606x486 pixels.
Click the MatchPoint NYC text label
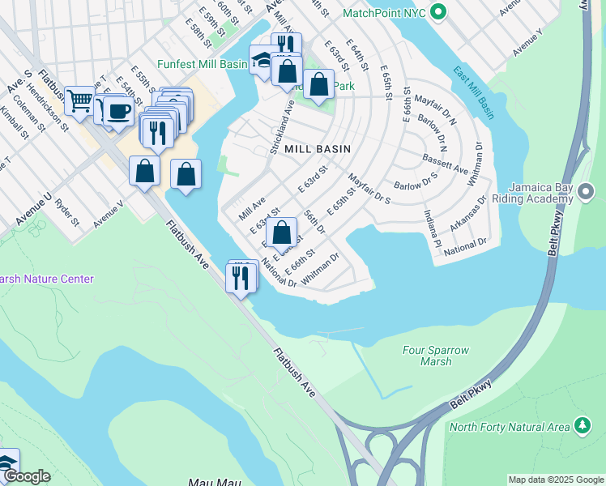pos(382,14)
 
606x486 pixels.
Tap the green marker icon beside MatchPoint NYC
pos(438,13)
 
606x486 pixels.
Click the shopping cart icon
pos(79,100)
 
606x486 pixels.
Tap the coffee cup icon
pos(118,110)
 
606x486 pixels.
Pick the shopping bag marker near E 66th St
pos(281,233)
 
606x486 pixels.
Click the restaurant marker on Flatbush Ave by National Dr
pos(241,277)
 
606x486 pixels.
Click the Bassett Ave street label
pos(445,164)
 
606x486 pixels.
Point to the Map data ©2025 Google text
pos(555,480)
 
